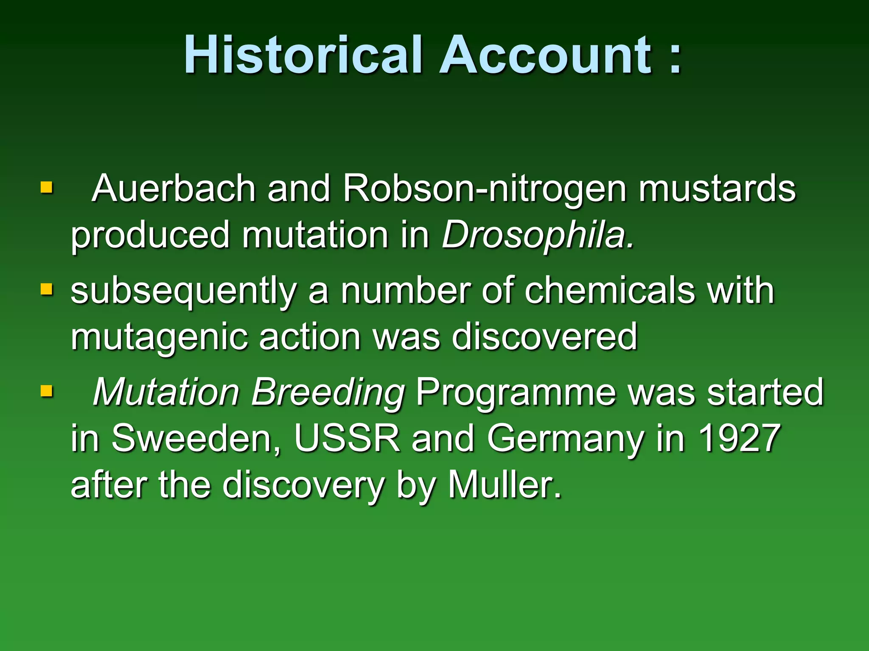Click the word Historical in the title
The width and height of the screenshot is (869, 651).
coord(303,55)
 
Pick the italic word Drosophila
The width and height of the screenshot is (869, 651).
coord(538,235)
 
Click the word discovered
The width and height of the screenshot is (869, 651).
coord(544,337)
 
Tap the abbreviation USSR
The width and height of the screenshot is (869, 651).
coord(347,438)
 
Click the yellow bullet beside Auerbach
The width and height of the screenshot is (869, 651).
coord(47,187)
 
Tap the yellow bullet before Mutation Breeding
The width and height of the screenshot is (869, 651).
coord(47,391)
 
